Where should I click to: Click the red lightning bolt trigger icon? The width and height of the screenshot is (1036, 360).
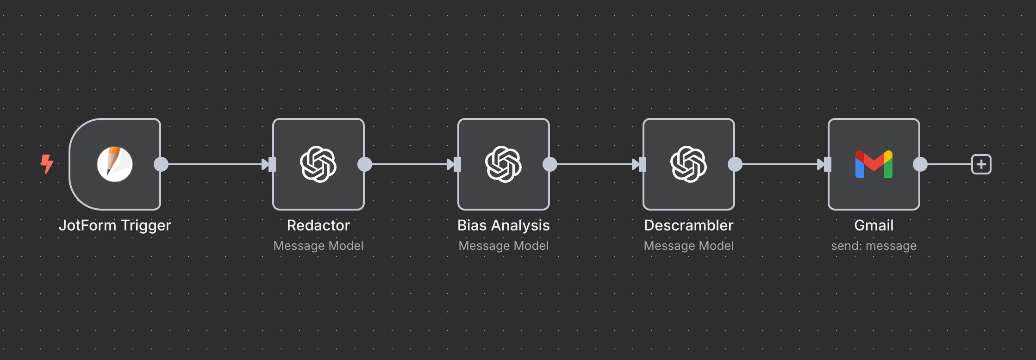(x=47, y=164)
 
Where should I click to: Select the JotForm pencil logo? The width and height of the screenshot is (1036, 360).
(x=115, y=164)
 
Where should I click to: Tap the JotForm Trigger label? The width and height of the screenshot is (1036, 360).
(x=115, y=225)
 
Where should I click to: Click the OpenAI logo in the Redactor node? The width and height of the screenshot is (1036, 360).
(x=318, y=164)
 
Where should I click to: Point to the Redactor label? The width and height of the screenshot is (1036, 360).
(x=318, y=225)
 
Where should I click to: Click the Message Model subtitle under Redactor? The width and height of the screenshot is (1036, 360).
(x=318, y=246)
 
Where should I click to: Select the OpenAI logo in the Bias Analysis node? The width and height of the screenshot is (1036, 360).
(x=504, y=164)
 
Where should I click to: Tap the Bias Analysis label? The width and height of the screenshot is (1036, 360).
(x=504, y=225)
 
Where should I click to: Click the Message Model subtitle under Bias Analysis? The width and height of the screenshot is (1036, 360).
(x=504, y=246)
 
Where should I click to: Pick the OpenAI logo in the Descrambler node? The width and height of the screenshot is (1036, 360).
(x=689, y=164)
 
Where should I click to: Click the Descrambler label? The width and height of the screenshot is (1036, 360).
(x=689, y=225)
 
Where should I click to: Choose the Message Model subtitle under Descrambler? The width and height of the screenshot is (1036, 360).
(x=689, y=246)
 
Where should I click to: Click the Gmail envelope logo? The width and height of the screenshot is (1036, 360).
(x=874, y=164)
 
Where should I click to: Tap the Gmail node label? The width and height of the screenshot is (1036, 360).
(x=874, y=225)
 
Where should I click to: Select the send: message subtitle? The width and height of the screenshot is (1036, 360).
(x=874, y=246)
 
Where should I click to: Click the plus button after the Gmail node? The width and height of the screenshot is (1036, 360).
(x=981, y=164)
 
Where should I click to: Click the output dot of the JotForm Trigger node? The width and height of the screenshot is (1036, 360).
(x=161, y=164)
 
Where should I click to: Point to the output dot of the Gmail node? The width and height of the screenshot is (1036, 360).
(x=920, y=164)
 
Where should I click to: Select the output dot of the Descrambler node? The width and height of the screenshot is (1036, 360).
(x=735, y=164)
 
